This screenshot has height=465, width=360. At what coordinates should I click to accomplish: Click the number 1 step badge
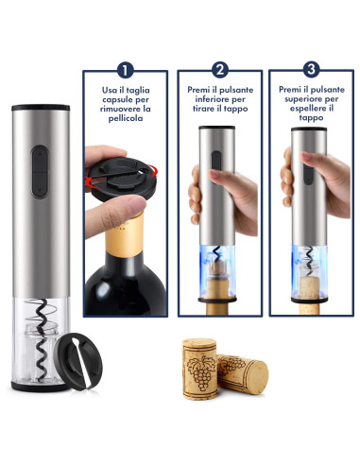click(126, 69)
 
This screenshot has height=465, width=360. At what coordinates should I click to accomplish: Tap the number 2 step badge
click(220, 69)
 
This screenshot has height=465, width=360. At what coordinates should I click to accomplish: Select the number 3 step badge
click(313, 69)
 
